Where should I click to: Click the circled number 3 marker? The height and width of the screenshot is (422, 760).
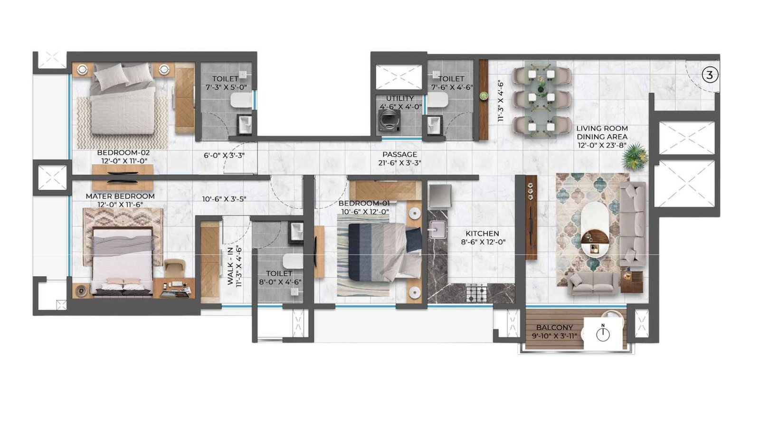point(710,75)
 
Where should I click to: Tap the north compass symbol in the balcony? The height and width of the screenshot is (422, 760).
point(603,334)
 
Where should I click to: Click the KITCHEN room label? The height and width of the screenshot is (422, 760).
point(482,234)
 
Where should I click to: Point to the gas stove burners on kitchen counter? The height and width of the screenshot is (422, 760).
point(476,293)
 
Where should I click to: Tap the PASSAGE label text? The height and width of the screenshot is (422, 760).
point(399,154)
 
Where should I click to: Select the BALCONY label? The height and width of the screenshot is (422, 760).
point(554,328)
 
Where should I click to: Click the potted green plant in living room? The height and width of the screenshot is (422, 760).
point(635,157)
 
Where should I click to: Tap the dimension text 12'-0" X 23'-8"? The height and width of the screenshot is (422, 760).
point(602,145)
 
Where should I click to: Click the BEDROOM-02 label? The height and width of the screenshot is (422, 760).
point(123,153)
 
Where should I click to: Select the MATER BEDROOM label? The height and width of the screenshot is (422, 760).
point(120,196)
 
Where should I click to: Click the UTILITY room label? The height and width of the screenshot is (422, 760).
point(399,98)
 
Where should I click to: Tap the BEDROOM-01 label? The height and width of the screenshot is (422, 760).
point(364,203)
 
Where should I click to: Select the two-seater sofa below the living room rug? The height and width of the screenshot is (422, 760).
point(593,283)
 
